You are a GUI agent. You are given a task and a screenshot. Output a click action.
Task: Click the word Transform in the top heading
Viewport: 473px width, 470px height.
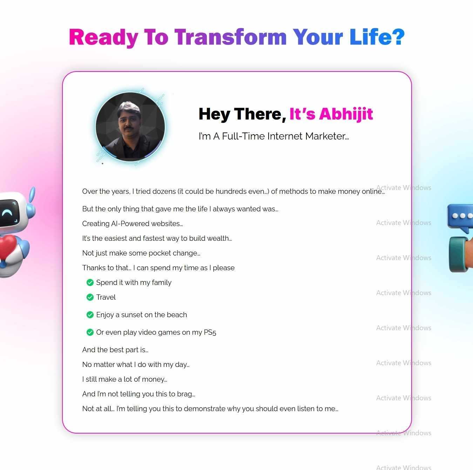click(230, 37)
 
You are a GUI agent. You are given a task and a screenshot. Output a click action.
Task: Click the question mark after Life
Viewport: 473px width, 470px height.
click(398, 37)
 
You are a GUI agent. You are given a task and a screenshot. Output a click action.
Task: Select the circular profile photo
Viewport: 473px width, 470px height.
click(130, 127)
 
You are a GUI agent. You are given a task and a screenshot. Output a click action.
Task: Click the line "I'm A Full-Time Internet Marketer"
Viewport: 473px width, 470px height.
click(273, 136)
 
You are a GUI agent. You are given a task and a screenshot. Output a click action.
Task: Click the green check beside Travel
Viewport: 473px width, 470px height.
click(90, 297)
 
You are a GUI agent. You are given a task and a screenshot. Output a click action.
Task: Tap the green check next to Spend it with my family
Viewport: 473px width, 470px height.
click(90, 282)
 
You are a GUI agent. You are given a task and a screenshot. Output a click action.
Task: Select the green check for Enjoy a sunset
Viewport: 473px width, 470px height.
click(90, 315)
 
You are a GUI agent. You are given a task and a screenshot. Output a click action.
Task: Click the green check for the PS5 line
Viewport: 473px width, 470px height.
click(90, 332)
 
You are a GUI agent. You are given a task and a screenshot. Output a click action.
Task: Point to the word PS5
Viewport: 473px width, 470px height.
click(210, 332)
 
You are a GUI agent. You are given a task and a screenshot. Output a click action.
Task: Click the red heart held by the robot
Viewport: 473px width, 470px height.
click(8, 246)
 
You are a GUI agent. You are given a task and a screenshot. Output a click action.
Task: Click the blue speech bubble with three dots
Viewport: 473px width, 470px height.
click(460, 217)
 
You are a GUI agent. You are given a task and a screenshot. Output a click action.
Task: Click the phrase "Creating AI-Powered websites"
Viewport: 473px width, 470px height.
click(132, 224)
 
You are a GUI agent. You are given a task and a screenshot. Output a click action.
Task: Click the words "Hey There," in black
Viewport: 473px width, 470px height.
click(242, 114)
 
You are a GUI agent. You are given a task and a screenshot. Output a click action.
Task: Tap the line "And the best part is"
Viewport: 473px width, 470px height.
click(115, 350)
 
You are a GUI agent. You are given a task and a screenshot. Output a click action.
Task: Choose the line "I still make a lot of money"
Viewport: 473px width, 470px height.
click(124, 379)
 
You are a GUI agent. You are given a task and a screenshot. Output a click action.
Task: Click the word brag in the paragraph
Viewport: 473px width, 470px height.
click(185, 394)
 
